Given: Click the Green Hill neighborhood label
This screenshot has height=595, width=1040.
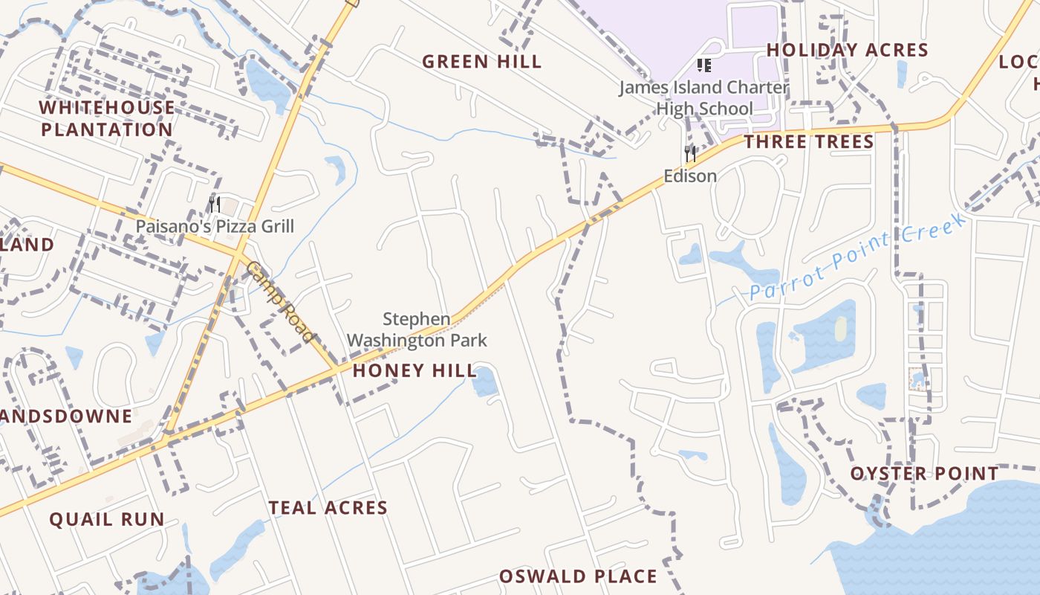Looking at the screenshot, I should click(x=482, y=62).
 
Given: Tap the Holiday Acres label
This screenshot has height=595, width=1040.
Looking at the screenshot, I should click(x=847, y=50).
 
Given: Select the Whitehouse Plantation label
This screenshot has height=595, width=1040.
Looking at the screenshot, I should click(x=107, y=118).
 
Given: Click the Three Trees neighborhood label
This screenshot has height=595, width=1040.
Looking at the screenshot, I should click(x=809, y=142).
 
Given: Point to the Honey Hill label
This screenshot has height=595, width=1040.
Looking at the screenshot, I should click(x=414, y=370).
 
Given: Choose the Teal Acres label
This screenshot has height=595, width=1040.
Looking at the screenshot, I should click(x=328, y=508).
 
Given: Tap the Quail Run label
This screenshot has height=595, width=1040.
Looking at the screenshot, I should click(x=107, y=519).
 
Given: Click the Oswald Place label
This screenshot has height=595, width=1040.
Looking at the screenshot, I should click(x=578, y=576).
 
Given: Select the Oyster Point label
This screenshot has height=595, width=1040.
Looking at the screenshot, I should click(x=924, y=474).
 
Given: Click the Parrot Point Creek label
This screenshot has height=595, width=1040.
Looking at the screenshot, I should click(x=858, y=255).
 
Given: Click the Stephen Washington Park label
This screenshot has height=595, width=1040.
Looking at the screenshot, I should click(x=417, y=330).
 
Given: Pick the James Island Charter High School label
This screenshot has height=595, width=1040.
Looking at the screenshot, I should click(x=704, y=98).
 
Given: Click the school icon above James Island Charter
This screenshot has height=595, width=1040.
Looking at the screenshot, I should click(x=704, y=66).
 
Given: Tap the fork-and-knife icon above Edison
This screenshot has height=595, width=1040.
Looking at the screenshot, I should click(x=690, y=154).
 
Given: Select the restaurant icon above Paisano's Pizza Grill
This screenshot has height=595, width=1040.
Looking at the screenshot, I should click(x=215, y=205).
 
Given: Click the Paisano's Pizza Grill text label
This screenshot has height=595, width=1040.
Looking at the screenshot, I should click(x=215, y=226).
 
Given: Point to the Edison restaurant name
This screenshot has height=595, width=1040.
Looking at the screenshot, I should click(x=690, y=176).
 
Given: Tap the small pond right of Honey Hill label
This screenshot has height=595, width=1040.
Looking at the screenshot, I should click(x=485, y=382).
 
